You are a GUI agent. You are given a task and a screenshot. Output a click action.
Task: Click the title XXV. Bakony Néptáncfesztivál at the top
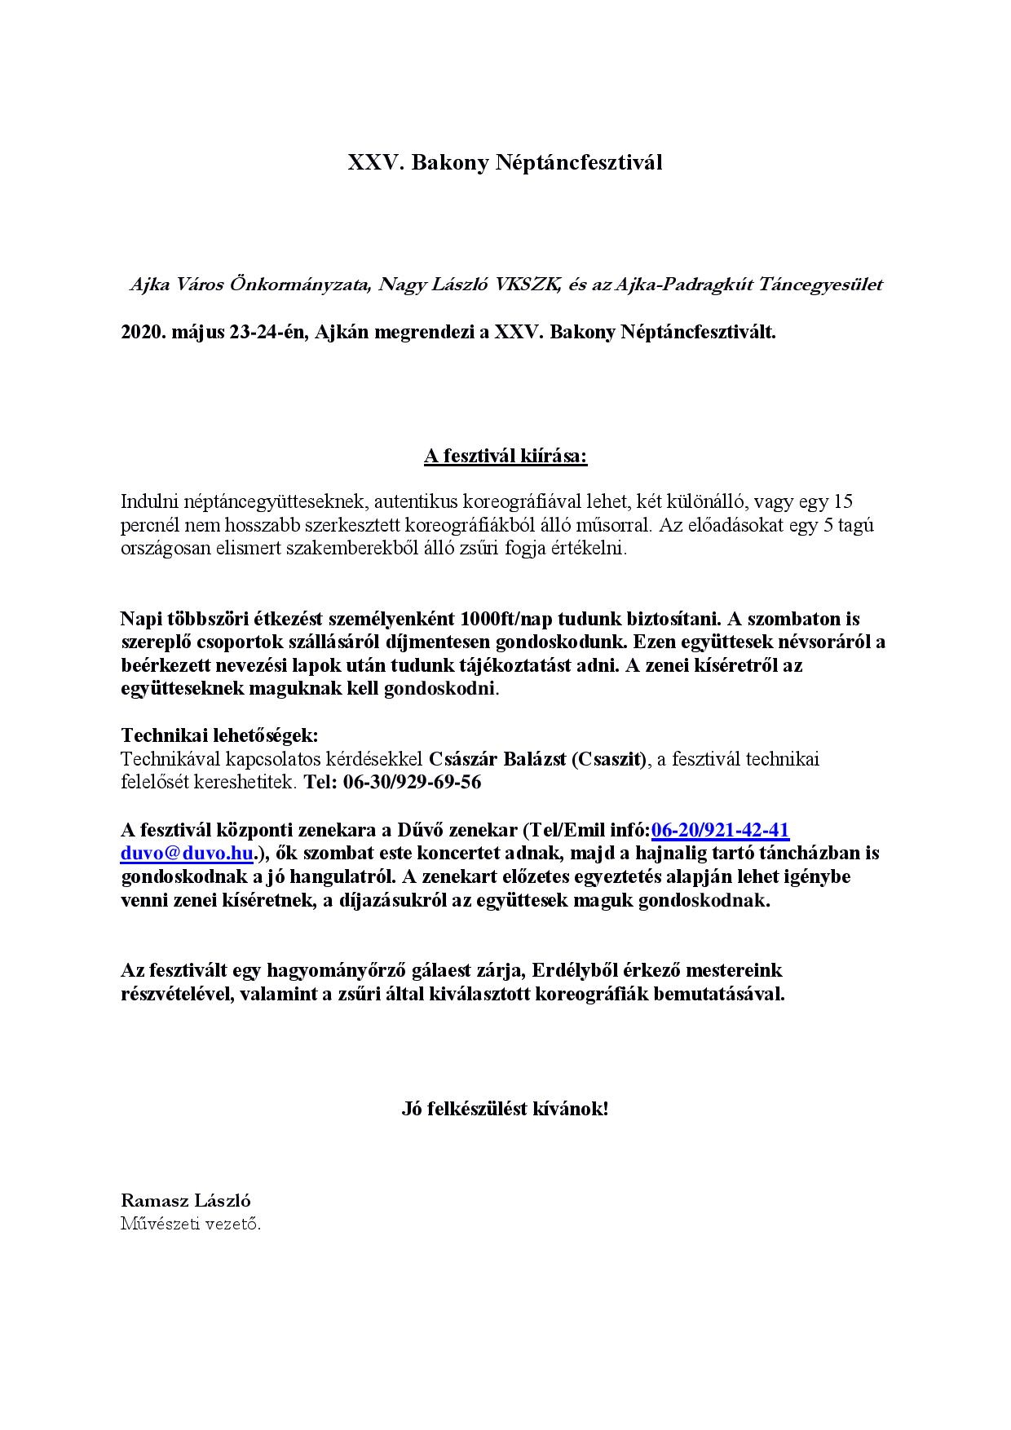[505, 163]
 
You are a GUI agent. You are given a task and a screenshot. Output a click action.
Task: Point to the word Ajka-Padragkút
[682, 285]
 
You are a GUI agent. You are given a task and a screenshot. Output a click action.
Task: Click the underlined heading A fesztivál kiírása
[505, 456]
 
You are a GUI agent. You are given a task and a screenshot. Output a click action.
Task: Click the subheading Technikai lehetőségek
[219, 736]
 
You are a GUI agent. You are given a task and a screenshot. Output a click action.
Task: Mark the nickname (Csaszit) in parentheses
[608, 760]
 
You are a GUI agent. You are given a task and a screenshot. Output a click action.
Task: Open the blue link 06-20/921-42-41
[720, 831]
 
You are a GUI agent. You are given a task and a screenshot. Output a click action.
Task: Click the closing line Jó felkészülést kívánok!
[505, 1109]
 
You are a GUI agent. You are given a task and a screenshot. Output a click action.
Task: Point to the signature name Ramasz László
[186, 1201]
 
